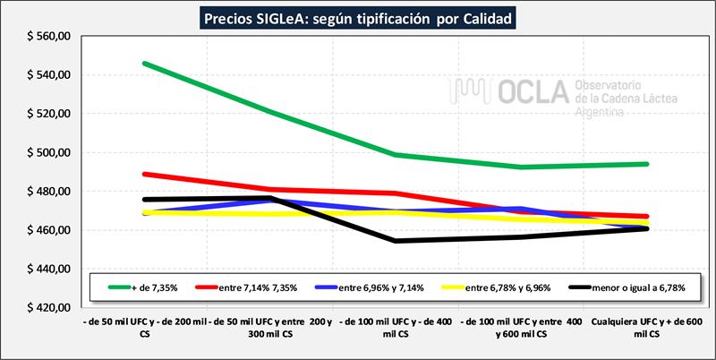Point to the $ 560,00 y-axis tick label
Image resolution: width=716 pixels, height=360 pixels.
49,37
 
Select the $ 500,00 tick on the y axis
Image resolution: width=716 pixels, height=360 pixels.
49,153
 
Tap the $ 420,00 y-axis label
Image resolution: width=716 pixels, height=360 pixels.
49,308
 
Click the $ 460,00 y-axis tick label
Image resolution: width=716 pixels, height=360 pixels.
49,230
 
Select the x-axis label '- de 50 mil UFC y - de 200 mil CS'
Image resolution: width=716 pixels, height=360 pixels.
143,326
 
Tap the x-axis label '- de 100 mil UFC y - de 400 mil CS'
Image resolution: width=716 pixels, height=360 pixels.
395,326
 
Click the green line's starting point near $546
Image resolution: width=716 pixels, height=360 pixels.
144,64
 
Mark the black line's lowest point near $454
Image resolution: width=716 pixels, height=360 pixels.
395,241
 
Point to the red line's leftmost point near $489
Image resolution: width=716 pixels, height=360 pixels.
144,174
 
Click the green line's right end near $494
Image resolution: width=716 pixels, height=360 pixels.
647,164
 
